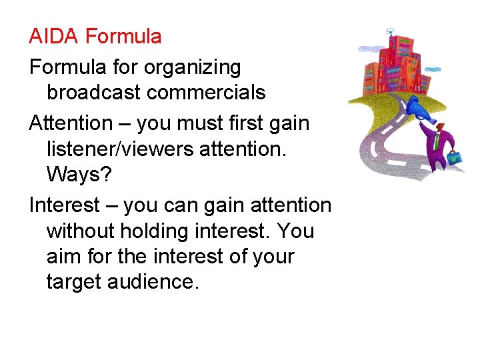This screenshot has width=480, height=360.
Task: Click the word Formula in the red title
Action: point(123,36)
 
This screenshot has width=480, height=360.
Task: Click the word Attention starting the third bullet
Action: point(71,123)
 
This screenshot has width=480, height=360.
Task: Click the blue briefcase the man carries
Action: point(455,158)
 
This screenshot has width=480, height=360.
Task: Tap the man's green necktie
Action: point(435,141)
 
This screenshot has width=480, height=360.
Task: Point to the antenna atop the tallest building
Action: point(390,31)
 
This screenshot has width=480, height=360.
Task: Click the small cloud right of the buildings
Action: point(433,69)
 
